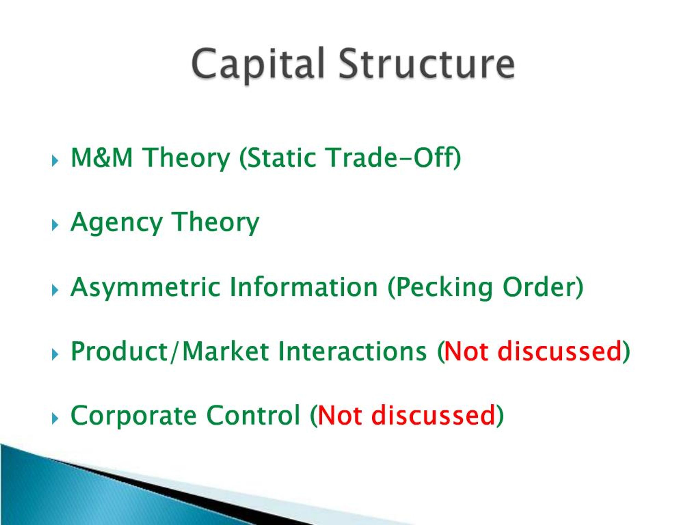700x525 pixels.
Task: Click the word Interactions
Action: click(352, 352)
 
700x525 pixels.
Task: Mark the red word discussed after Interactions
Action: click(559, 352)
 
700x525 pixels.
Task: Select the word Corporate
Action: click(133, 416)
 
